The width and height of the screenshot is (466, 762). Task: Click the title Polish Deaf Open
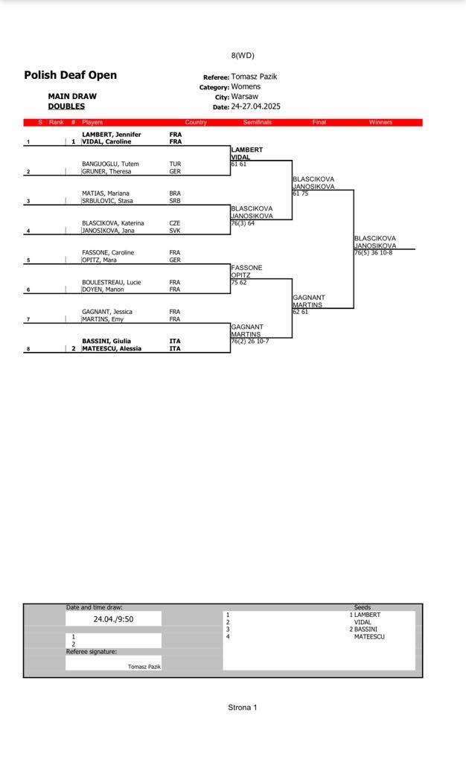coord(70,75)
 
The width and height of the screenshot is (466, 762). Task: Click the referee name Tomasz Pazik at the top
coord(254,77)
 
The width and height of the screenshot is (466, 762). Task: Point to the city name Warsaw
coord(244,97)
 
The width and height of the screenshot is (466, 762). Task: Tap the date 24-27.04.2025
coord(255,106)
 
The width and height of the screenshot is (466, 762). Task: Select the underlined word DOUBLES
coord(66,106)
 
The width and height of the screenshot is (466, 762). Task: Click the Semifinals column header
coord(258,122)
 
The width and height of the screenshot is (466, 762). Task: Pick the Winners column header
coord(380,122)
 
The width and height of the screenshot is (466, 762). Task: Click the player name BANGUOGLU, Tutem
coord(110,164)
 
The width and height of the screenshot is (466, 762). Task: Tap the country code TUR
coord(175,164)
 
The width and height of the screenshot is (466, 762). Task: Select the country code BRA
coord(175,193)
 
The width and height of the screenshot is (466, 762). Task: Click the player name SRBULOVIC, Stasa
coord(107,201)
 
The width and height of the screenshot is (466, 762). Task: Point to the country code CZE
coord(175,223)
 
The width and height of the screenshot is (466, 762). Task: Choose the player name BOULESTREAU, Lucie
coord(112,283)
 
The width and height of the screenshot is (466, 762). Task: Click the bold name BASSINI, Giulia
coord(106,341)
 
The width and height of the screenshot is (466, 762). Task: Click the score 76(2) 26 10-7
coord(250,342)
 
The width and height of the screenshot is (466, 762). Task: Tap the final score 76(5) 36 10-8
coord(373,253)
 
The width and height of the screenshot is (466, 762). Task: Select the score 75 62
coord(239,283)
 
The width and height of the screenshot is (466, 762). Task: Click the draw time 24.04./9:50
coord(113,618)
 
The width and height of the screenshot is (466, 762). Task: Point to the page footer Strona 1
coord(242,707)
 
